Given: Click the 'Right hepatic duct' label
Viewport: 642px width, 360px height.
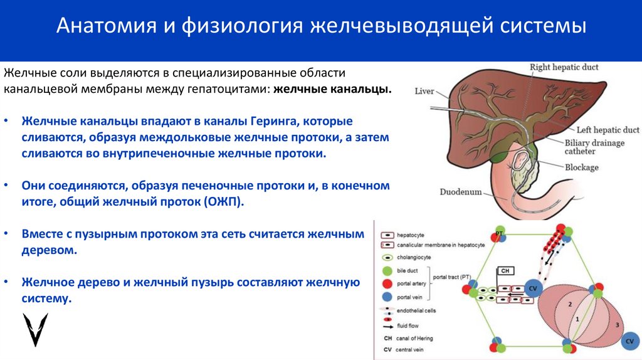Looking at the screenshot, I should coord(564,67).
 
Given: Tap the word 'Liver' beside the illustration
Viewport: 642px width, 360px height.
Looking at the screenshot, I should coord(424,92).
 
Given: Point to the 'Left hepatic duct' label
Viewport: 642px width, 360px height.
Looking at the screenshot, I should coord(608,130).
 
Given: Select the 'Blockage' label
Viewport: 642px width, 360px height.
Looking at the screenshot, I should coord(581,167).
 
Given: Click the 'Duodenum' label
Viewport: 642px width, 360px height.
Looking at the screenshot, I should coord(460,192).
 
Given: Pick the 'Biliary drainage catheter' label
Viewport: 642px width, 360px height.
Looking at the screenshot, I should coord(594,147).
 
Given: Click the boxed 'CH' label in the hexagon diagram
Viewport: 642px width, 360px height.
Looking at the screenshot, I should coord(505,271).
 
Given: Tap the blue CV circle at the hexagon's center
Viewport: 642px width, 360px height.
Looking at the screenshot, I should coord(533,289).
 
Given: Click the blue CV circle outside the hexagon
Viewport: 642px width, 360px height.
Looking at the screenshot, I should coord(629,341).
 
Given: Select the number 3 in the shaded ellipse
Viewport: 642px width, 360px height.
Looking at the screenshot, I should coord(617,325).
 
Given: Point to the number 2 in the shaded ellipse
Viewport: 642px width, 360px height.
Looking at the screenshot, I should coord(570,304).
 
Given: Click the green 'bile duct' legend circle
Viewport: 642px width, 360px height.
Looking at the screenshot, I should coord(387,271).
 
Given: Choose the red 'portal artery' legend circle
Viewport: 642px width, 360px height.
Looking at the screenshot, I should coord(387,284).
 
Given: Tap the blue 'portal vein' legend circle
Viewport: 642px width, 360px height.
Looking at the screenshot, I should coord(387,297).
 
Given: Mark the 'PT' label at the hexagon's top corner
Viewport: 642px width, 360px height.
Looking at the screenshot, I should coord(500,233).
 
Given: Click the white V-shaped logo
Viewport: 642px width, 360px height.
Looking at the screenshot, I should coord(35,329).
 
